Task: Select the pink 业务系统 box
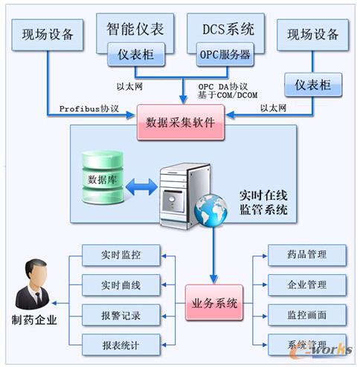click(216, 302)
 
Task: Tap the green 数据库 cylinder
click(102, 180)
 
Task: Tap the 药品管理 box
click(307, 256)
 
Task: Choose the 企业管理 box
click(307, 285)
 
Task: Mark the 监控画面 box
click(307, 314)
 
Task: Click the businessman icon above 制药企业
click(33, 283)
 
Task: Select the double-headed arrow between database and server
click(141, 186)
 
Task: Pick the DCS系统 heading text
click(228, 29)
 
